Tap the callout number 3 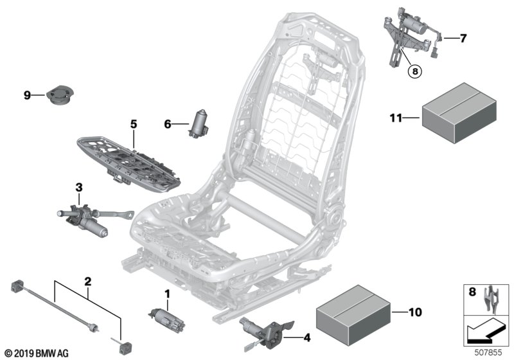pos(79,188)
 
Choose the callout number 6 pos(167,125)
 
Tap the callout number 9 pos(27,95)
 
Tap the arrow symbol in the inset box pos(484,331)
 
